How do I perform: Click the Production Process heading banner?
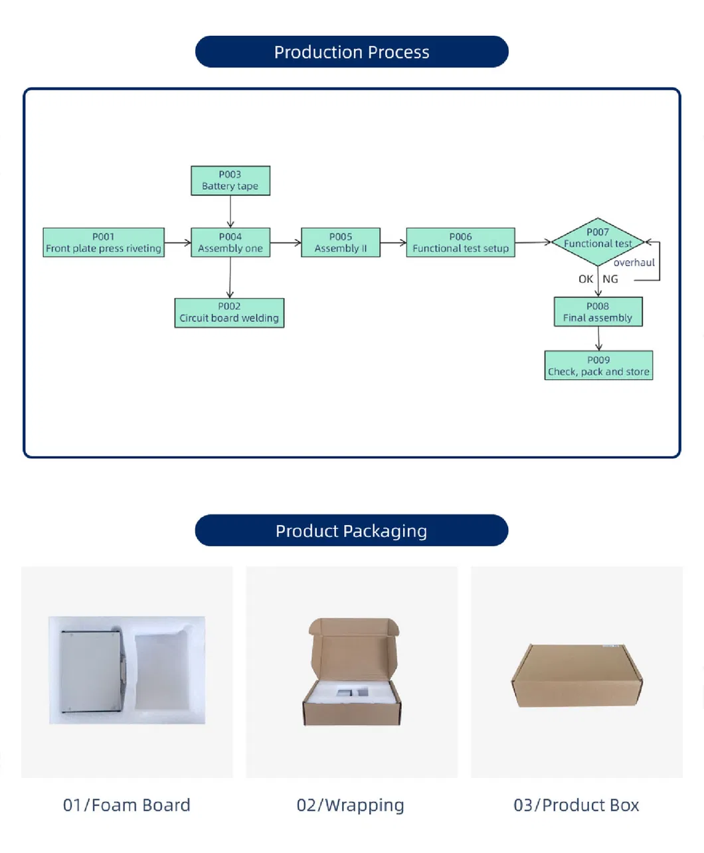(351, 52)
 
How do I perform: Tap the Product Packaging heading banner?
(351, 530)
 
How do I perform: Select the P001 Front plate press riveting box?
(104, 242)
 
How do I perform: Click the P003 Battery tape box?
(230, 181)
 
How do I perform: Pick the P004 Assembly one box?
(230, 242)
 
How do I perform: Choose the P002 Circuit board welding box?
(229, 313)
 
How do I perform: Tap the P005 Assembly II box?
(341, 242)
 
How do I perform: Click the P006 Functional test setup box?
(460, 242)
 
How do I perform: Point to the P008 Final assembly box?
(598, 312)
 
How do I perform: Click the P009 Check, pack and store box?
(598, 366)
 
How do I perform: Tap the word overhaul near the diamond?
(634, 263)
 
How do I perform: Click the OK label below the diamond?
(585, 279)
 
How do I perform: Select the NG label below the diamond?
(610, 279)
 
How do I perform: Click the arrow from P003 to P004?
(230, 212)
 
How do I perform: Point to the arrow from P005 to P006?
(393, 243)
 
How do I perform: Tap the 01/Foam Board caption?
(127, 805)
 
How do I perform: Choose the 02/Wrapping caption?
(350, 805)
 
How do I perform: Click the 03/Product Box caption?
(576, 805)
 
